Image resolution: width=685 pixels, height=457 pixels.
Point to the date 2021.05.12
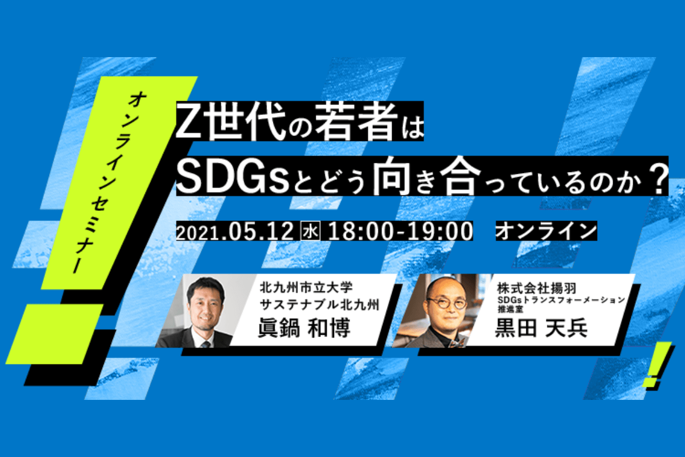click(235, 231)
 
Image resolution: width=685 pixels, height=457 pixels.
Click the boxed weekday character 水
click(311, 231)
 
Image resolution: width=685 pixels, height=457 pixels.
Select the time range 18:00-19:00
click(400, 231)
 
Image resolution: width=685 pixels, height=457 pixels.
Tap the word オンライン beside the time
click(546, 231)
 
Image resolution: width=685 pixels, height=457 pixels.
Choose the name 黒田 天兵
click(541, 328)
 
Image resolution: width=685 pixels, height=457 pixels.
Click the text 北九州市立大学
click(307, 287)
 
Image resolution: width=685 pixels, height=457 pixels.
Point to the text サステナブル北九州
click(320, 304)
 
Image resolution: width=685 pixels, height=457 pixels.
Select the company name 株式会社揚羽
click(537, 288)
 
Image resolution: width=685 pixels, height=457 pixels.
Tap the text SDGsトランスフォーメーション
click(561, 300)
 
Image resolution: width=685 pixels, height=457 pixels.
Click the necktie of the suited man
click(205, 344)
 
